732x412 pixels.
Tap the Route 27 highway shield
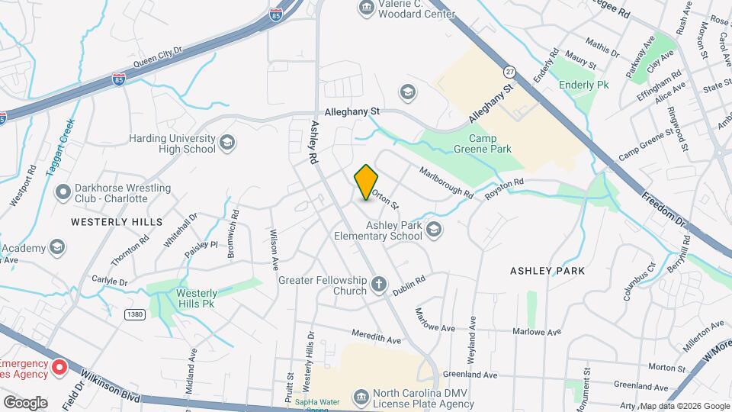click(509, 71)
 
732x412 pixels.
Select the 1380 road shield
click(134, 314)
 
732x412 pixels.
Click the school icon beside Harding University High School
click(226, 143)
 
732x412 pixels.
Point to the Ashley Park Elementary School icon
click(433, 230)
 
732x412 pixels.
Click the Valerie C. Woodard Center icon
click(366, 8)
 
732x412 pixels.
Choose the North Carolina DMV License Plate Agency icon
click(361, 397)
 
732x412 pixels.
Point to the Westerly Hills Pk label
click(197, 298)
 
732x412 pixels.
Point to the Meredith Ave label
click(376, 336)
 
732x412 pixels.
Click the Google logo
click(24, 402)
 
